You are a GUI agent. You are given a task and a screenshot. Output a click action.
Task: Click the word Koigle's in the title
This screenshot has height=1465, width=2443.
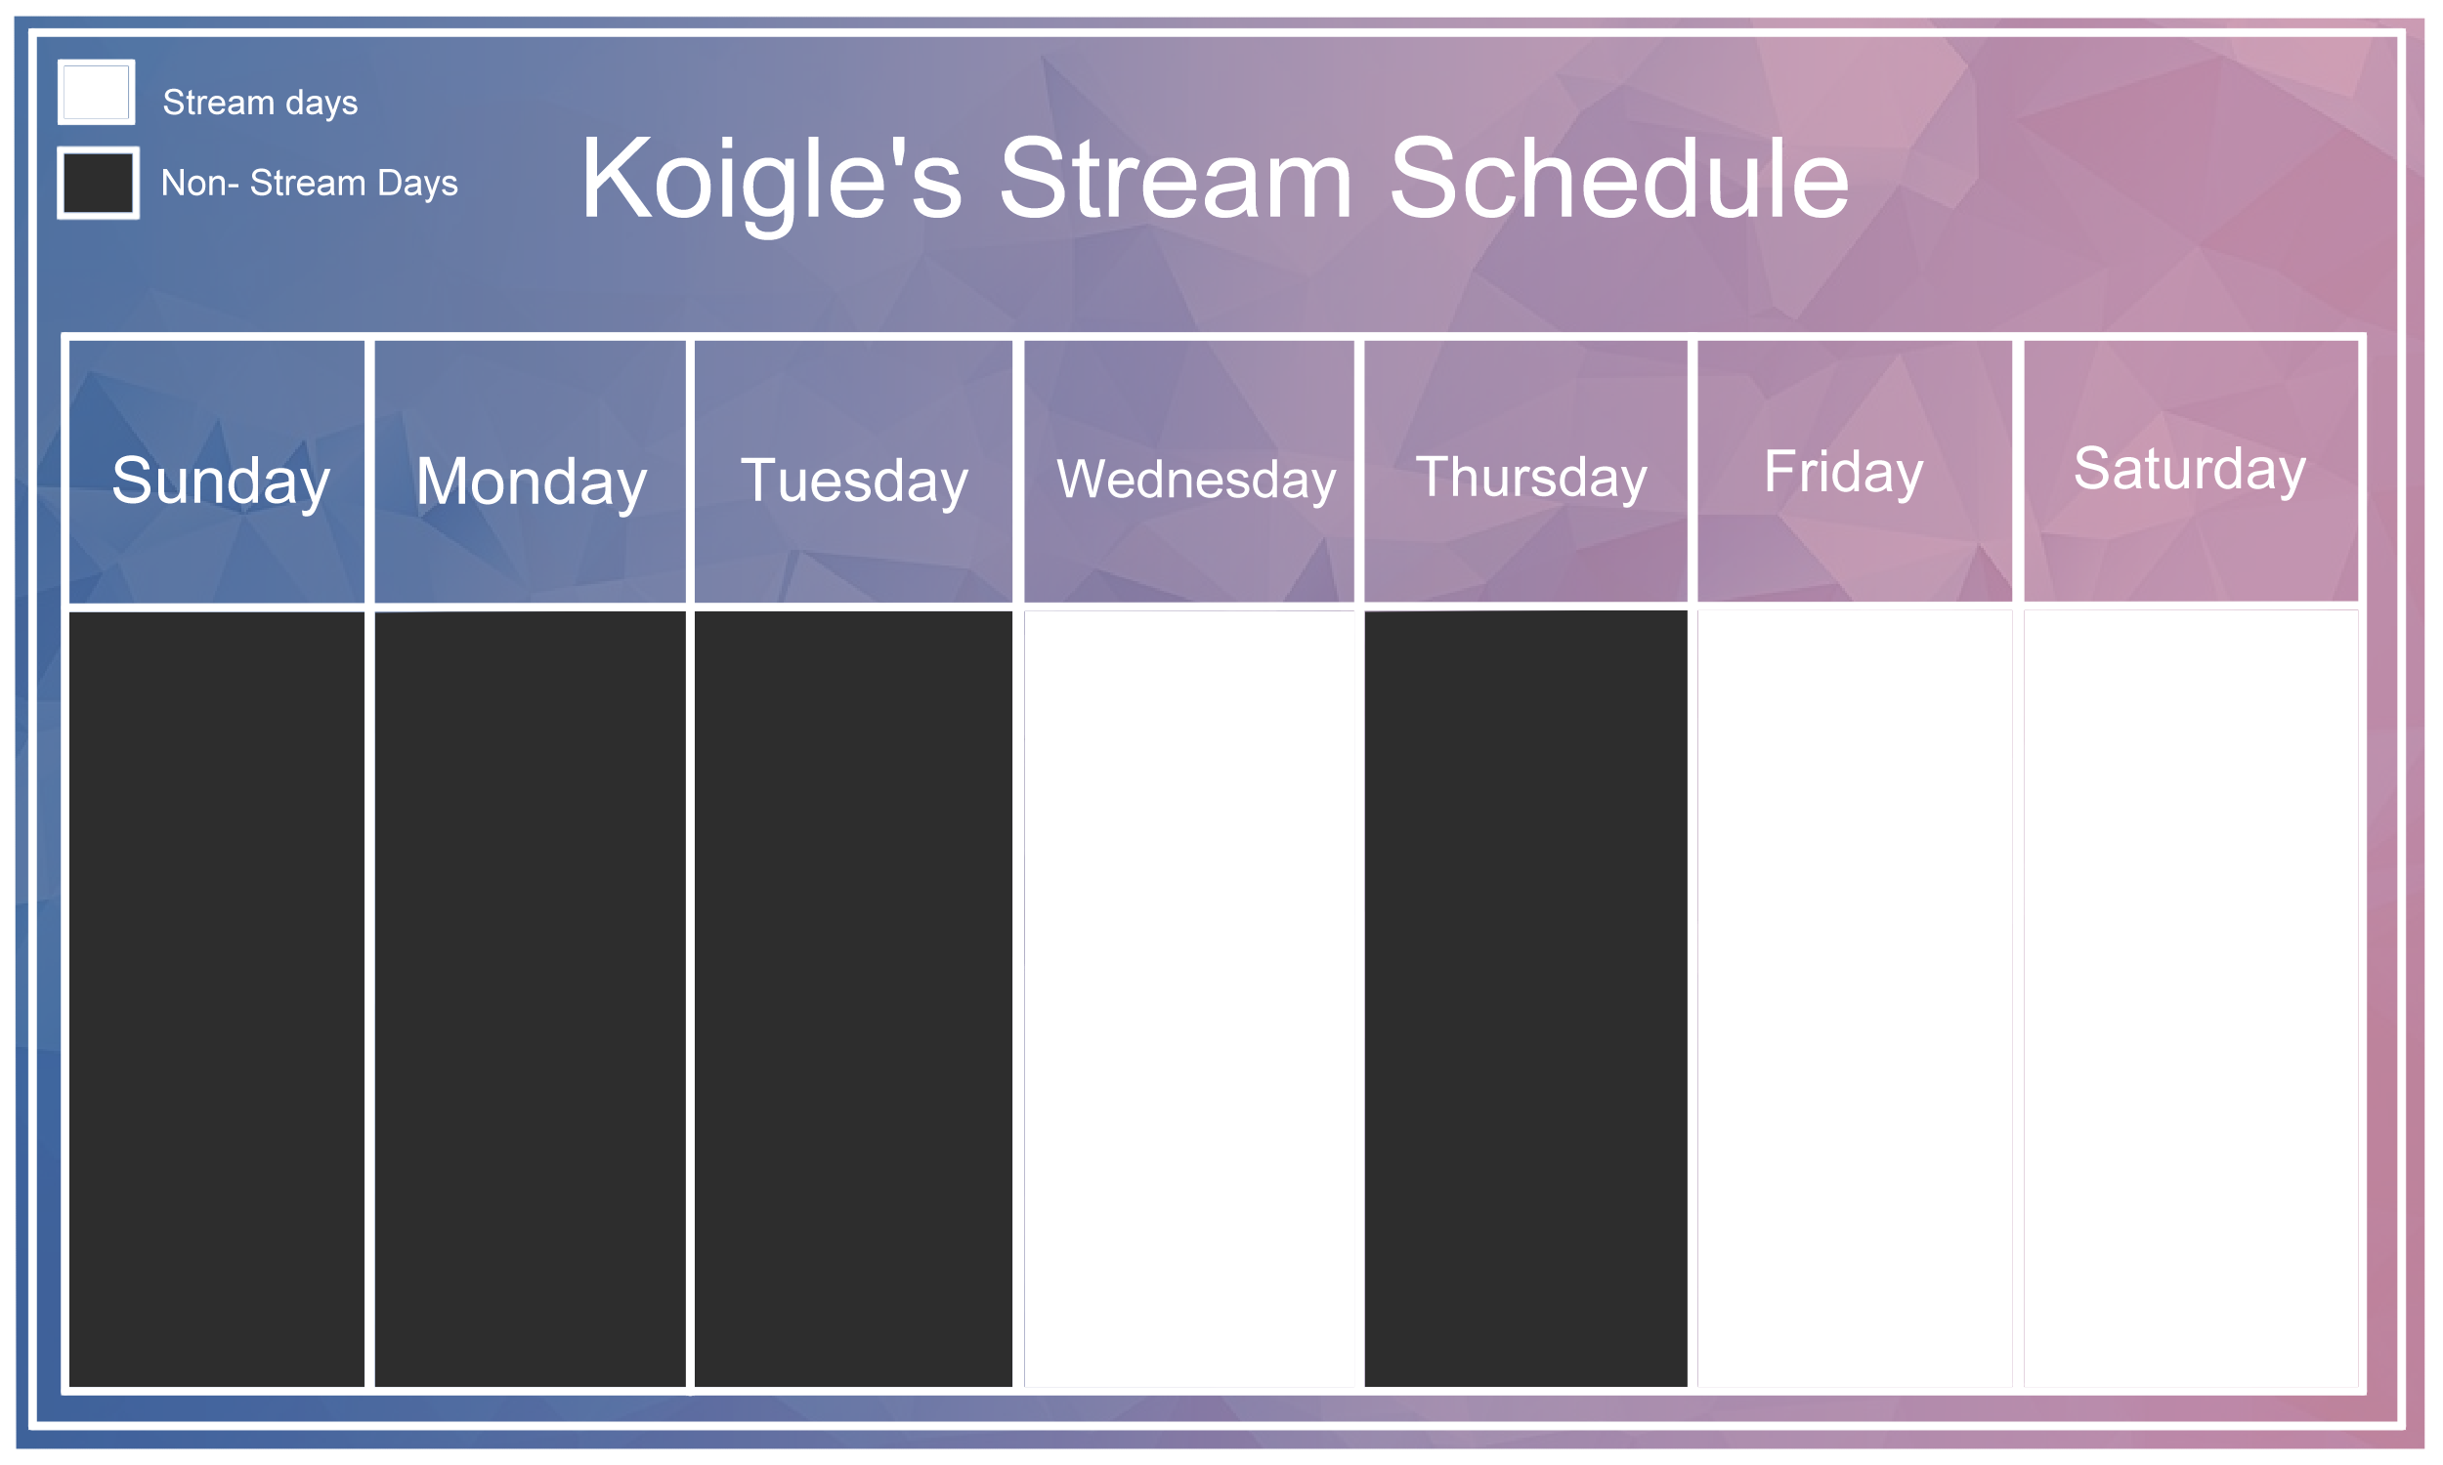[771, 182]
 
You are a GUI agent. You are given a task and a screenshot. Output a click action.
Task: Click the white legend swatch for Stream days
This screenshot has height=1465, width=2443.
[97, 93]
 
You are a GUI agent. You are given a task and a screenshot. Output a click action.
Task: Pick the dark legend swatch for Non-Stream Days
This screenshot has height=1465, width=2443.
[99, 183]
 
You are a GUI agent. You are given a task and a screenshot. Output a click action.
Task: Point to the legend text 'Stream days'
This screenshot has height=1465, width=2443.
[261, 103]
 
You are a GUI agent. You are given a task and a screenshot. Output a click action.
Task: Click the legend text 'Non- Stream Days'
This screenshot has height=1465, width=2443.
[310, 184]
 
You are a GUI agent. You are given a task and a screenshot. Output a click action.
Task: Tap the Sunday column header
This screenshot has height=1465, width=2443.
[220, 481]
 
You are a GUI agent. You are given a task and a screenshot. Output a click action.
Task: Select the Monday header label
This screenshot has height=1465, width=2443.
[532, 482]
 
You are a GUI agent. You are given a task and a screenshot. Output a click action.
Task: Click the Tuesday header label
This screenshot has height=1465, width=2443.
[854, 481]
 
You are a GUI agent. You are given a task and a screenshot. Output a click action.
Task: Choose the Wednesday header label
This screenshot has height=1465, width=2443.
[1196, 480]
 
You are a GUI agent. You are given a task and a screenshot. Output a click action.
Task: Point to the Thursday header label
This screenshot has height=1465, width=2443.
[1531, 478]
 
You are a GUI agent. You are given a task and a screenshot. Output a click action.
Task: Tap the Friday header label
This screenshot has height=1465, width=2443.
[1844, 472]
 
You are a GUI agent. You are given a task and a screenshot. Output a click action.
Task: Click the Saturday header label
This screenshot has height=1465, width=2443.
[2189, 469]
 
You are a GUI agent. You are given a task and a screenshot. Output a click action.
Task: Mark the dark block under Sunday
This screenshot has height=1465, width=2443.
[216, 999]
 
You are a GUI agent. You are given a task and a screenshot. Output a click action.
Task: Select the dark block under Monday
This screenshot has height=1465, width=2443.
[531, 999]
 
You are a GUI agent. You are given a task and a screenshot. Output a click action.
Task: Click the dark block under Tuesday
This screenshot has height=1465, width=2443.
[853, 999]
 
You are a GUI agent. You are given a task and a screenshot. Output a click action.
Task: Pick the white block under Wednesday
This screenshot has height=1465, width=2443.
[1189, 999]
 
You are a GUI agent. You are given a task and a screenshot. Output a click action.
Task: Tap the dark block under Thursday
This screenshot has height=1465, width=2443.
[1525, 998]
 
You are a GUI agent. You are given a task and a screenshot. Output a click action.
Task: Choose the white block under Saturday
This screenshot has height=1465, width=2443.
[2191, 999]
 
